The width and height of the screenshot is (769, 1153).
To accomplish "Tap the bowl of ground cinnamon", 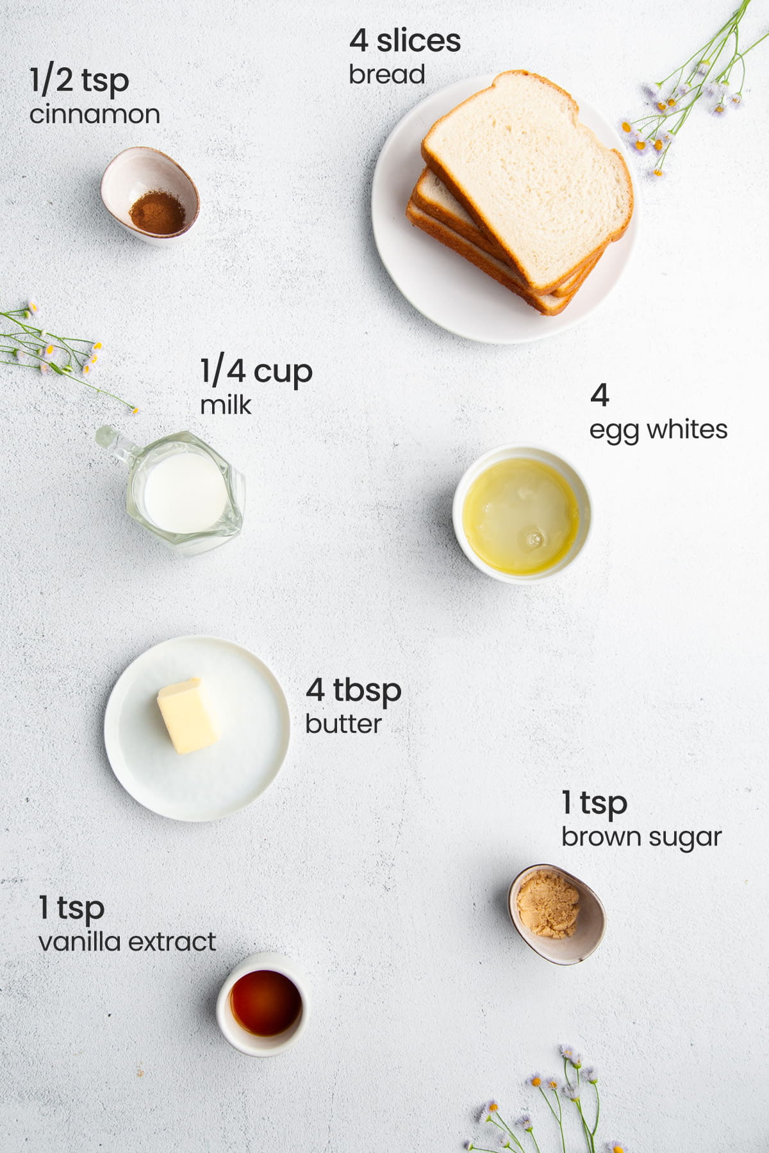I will coord(151,195).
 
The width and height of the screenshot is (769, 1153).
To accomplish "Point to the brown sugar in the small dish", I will coord(548,906).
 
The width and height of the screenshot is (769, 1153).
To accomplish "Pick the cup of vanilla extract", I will coord(264,1002).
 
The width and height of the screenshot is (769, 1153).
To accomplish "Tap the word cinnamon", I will coord(95,115).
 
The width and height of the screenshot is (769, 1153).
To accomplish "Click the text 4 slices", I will coord(405,41).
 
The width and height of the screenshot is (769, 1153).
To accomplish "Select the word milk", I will coord(226,405).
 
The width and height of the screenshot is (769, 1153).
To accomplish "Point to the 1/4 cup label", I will coord(256,372).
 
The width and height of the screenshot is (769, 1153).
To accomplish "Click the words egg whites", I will coord(658,430).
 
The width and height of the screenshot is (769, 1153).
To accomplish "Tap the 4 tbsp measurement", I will coord(353,691).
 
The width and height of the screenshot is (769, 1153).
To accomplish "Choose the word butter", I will coord(343,724).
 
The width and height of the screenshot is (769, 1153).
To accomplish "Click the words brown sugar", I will coord(641,837).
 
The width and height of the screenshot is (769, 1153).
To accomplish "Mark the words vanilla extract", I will coord(127,942).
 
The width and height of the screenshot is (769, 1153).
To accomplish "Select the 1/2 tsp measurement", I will coord(79,81).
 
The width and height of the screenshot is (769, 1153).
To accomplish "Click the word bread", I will coord(386,74).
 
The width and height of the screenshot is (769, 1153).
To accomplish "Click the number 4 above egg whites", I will coord(599,395).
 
